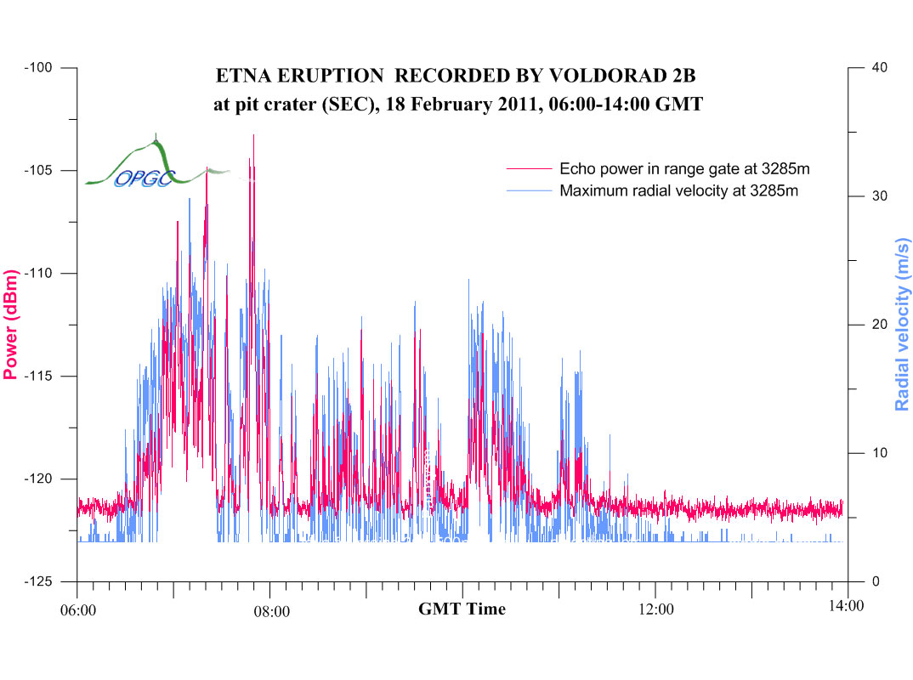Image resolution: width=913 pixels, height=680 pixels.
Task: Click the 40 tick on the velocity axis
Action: pyautogui.click(x=882, y=67)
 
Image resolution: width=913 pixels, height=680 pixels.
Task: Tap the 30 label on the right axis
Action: pyautogui.click(x=882, y=195)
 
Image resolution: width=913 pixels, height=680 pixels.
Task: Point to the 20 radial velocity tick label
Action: pyautogui.click(x=882, y=325)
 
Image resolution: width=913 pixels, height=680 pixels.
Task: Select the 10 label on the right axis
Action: pyautogui.click(x=882, y=453)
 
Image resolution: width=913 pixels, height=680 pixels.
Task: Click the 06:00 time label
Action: pyautogui.click(x=77, y=609)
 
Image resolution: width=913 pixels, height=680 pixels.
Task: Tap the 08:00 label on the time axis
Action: pyautogui.click(x=271, y=609)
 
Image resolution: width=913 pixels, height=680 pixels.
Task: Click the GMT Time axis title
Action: pyautogui.click(x=462, y=609)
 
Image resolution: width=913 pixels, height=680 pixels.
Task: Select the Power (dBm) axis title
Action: pyautogui.click(x=11, y=325)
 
